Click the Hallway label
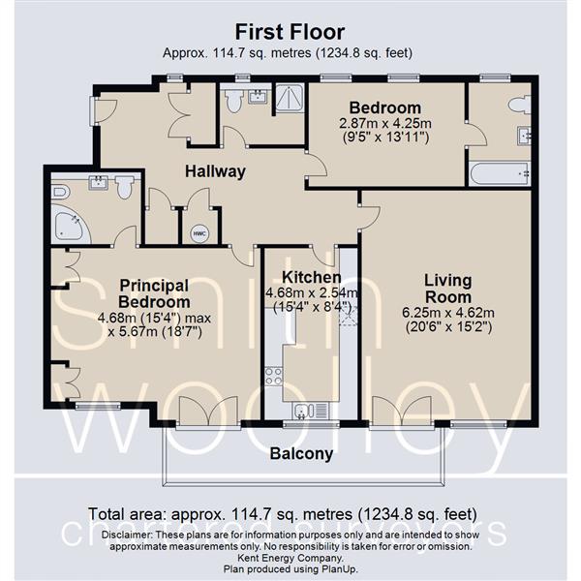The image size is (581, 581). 216,171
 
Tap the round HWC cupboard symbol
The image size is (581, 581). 199,233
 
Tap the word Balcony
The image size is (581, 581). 301,453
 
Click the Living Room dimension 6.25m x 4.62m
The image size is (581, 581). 447,313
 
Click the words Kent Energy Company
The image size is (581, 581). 290,558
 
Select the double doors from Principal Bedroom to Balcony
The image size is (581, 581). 207,411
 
